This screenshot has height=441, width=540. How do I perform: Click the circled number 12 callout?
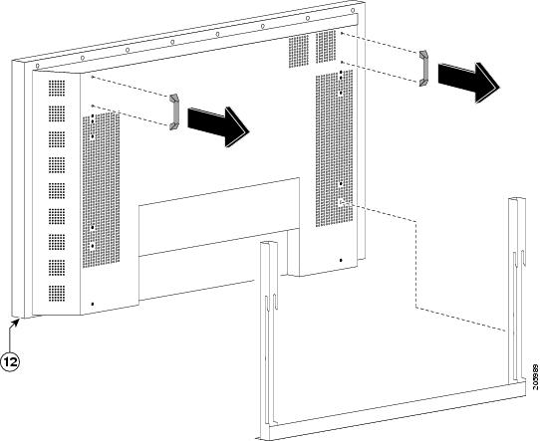(10, 362)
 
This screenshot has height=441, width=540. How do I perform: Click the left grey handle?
(174, 112)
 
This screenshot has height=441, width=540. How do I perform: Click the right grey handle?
(424, 68)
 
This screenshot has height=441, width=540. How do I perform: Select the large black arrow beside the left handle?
(218, 126)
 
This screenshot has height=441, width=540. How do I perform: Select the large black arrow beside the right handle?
(468, 83)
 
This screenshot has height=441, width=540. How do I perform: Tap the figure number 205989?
(535, 377)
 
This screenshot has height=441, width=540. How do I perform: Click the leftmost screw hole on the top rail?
(38, 66)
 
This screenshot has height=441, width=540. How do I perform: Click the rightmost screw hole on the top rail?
(353, 11)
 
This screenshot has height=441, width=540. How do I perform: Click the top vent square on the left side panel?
(57, 88)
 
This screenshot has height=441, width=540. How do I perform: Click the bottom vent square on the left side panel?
(57, 293)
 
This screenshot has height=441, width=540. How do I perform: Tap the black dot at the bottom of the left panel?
(93, 304)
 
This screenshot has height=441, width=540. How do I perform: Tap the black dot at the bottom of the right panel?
(341, 261)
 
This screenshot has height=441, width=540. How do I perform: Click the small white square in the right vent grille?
(342, 202)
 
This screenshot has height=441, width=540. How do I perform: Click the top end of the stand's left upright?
(269, 244)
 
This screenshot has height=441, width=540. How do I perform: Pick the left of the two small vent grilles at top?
(299, 51)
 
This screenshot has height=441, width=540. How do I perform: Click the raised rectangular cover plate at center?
(218, 217)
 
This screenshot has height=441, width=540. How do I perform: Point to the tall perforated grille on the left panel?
(101, 190)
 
